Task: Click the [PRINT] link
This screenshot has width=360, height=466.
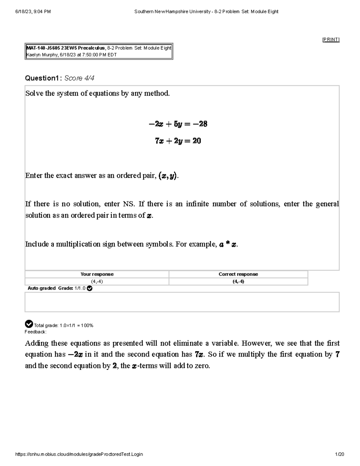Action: pyautogui.click(x=331, y=40)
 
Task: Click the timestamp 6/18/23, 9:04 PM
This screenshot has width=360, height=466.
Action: pyautogui.click(x=33, y=12)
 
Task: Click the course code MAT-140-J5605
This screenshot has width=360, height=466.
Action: pyautogui.click(x=43, y=48)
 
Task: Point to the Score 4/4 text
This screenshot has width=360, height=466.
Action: pyautogui.click(x=79, y=78)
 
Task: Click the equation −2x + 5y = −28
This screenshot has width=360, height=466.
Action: pyautogui.click(x=178, y=124)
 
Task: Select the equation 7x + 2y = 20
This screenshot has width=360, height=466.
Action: pyautogui.click(x=178, y=141)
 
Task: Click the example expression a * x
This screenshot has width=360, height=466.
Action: pyautogui.click(x=228, y=245)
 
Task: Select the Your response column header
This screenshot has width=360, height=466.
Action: pyautogui.click(x=97, y=274)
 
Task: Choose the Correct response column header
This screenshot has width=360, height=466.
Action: pyautogui.click(x=238, y=274)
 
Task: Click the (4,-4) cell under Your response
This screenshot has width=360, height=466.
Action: pyautogui.click(x=97, y=281)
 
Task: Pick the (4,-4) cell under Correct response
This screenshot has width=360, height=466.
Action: pyautogui.click(x=238, y=281)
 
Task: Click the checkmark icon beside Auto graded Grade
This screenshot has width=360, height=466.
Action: pyautogui.click(x=89, y=288)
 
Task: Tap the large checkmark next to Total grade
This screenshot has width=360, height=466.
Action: pyautogui.click(x=29, y=324)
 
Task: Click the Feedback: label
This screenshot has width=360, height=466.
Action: pyautogui.click(x=35, y=332)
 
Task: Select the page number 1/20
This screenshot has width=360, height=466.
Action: pyautogui.click(x=340, y=454)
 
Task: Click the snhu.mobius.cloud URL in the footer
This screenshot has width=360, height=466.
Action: pyautogui.click(x=79, y=454)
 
